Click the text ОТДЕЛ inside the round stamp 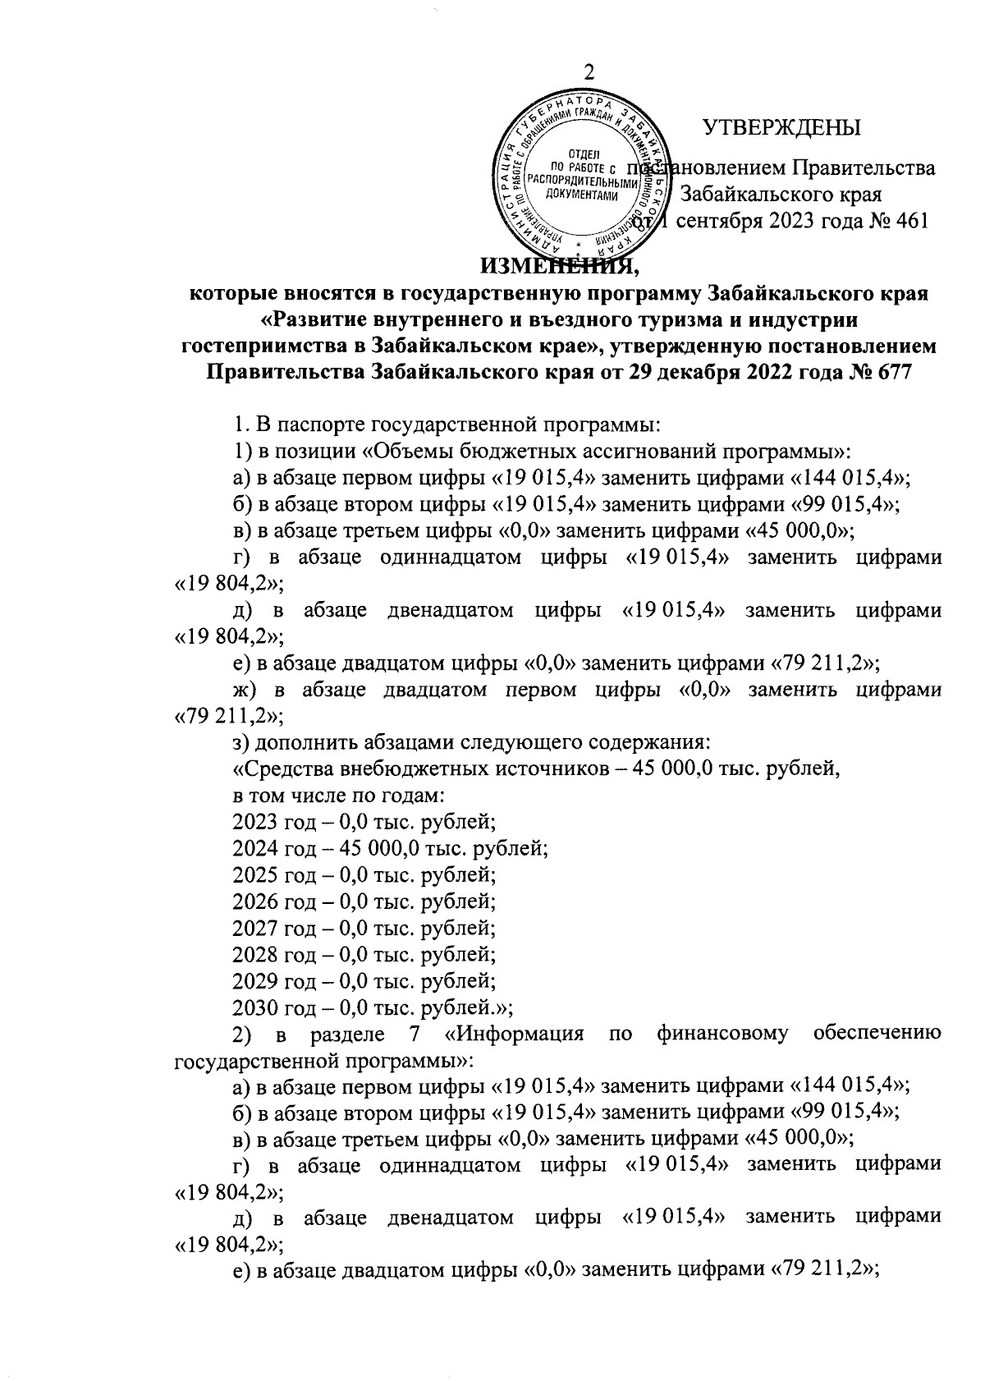[584, 154]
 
